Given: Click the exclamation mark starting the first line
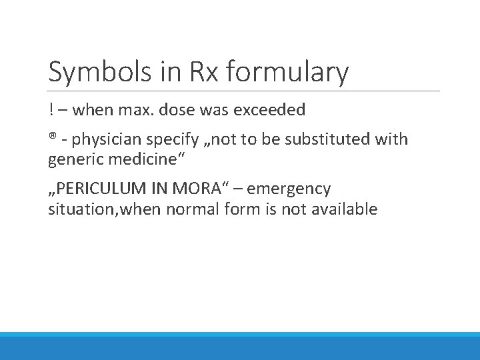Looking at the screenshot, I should (x=51, y=108).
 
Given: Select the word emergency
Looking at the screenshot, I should (x=289, y=190).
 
